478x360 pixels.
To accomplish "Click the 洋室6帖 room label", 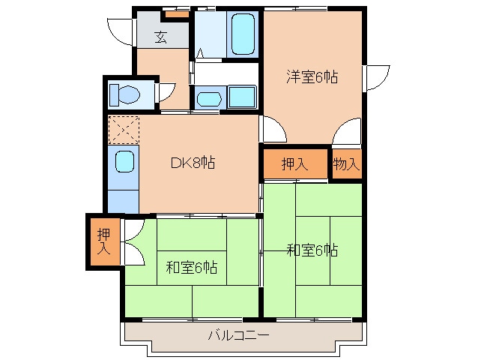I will pyautogui.click(x=311, y=76).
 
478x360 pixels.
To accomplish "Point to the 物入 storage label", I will pyautogui.click(x=346, y=164).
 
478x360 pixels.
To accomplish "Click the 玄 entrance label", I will pyautogui.click(x=161, y=36).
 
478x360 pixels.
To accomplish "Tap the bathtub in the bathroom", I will pyautogui.click(x=243, y=34).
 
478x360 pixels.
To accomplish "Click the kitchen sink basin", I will pyautogui.click(x=124, y=160).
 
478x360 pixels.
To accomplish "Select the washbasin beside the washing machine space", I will pyautogui.click(x=208, y=97).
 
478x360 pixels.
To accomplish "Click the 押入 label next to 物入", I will pyautogui.click(x=294, y=164).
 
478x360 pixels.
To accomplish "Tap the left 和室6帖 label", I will pyautogui.click(x=192, y=266).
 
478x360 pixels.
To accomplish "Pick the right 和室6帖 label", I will pyautogui.click(x=312, y=250).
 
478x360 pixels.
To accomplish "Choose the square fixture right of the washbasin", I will pyautogui.click(x=241, y=97).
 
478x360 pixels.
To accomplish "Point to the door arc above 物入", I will pyautogui.click(x=346, y=134).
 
